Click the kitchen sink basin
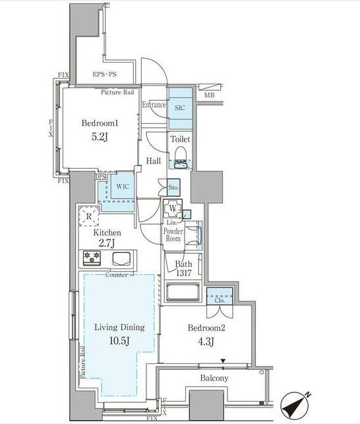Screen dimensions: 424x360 click(x=122, y=258)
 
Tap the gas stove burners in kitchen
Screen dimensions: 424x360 click(x=92, y=258)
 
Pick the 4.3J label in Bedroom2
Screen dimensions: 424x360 click(x=204, y=340)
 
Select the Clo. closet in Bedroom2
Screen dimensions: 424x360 click(x=219, y=300)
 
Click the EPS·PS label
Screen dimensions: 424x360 click(x=105, y=75)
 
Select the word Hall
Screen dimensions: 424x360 click(x=154, y=160)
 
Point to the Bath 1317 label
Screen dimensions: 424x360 click(x=185, y=269)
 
